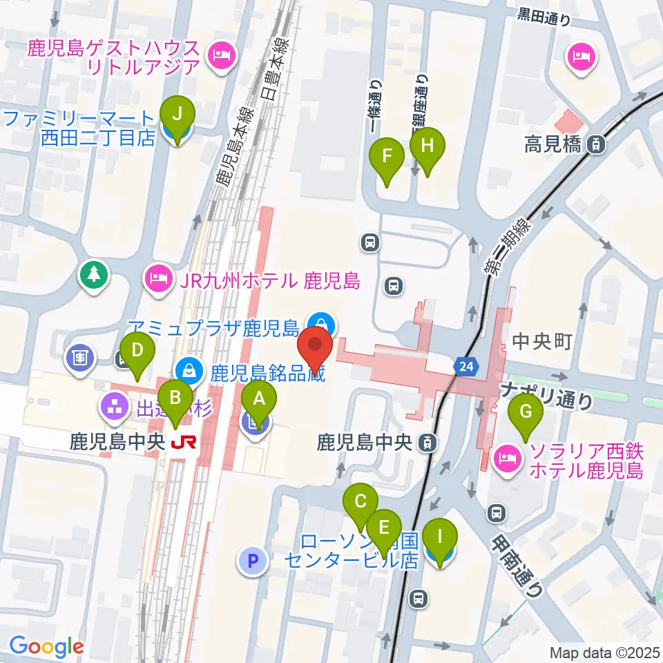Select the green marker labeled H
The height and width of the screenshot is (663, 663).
(x=427, y=147)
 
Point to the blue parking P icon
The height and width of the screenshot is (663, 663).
(x=253, y=560)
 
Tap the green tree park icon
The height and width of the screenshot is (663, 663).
(x=93, y=276)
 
